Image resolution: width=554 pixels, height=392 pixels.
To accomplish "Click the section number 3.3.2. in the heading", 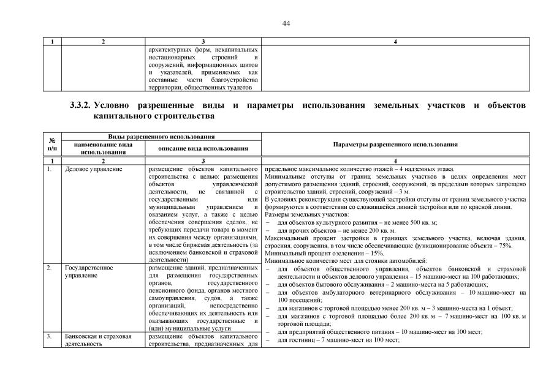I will (82, 106).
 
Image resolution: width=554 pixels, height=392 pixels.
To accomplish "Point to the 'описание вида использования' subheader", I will (203, 148).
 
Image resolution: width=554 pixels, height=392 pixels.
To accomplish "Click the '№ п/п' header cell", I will (51, 144).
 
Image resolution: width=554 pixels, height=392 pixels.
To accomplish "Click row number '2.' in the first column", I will (50, 268).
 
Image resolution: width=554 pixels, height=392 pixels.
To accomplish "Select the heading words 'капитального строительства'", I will (154, 115).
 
